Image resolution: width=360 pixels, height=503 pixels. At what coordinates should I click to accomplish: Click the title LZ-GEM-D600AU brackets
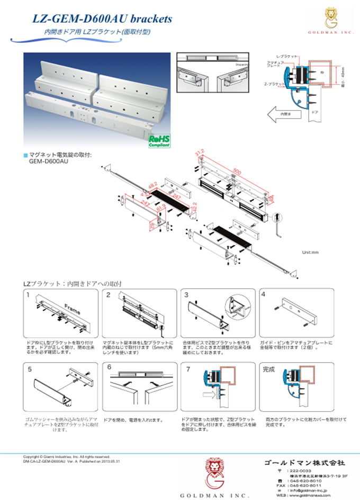coord(102,19)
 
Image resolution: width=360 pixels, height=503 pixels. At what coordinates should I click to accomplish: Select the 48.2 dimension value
coord(153,187)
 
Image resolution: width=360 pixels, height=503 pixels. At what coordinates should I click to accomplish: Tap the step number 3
coord(187,294)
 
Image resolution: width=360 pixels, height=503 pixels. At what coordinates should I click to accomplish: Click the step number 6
coord(110,367)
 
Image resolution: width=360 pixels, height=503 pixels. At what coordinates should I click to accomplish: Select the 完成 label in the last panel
coord(269,369)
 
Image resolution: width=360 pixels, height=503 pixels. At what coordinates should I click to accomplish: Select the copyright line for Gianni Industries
coord(66,456)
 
